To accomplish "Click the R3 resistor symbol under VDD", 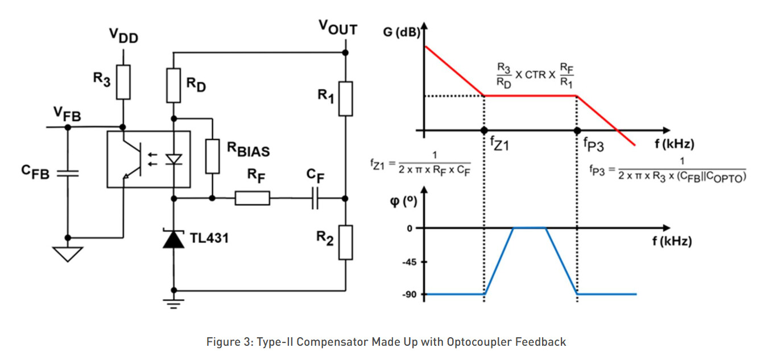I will click(x=123, y=82).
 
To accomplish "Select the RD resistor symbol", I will click(x=173, y=85).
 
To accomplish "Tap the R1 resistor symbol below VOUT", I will click(x=345, y=98).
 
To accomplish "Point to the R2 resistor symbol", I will click(x=345, y=242).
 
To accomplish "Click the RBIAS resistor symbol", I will click(x=212, y=156).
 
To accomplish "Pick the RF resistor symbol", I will click(x=253, y=198).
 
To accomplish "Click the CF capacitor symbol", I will click(x=315, y=198).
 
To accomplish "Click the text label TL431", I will click(x=209, y=238).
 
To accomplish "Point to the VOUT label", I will click(x=338, y=27).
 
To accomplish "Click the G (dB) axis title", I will click(x=402, y=32).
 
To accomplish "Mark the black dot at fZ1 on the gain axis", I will click(x=484, y=130).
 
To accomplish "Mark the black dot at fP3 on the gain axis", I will click(x=577, y=130).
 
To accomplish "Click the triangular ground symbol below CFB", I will click(x=68, y=254).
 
